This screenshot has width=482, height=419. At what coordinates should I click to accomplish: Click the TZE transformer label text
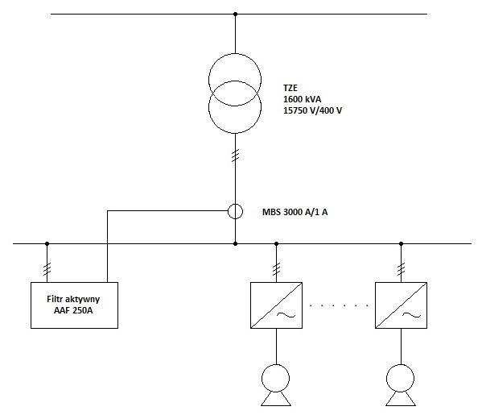click(290, 88)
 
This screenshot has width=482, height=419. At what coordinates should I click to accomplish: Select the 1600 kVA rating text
click(303, 99)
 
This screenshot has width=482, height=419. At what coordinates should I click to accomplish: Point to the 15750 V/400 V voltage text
click(312, 110)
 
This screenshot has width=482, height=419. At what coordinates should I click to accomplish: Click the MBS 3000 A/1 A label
click(295, 212)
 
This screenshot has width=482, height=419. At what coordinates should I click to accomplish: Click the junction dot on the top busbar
click(235, 14)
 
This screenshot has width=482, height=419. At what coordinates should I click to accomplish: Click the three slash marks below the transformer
click(235, 156)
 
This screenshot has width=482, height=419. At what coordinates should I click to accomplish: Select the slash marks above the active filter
click(47, 269)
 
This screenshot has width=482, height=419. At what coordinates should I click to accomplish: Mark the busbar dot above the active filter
click(47, 243)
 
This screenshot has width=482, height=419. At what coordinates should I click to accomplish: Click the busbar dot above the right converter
click(401, 243)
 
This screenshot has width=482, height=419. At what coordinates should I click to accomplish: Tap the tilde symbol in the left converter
click(286, 314)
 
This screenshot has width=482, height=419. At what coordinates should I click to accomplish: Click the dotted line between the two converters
click(339, 305)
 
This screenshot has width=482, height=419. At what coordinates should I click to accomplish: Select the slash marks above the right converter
click(401, 269)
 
